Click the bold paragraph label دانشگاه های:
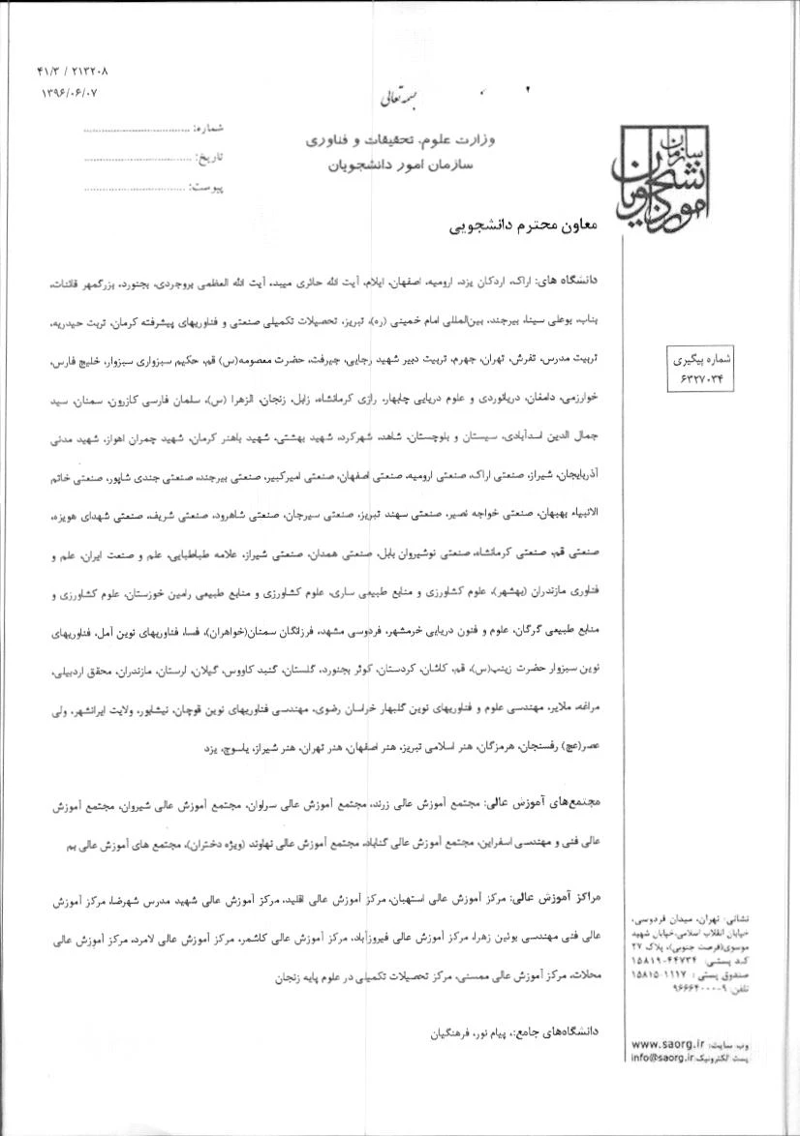[x=573, y=279]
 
